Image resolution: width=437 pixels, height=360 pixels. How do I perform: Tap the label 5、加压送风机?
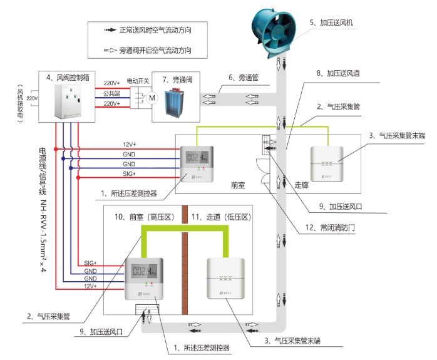pyautogui.click(x=332, y=23)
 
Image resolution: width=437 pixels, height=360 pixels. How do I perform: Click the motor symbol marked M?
pyautogui.click(x=151, y=98)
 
